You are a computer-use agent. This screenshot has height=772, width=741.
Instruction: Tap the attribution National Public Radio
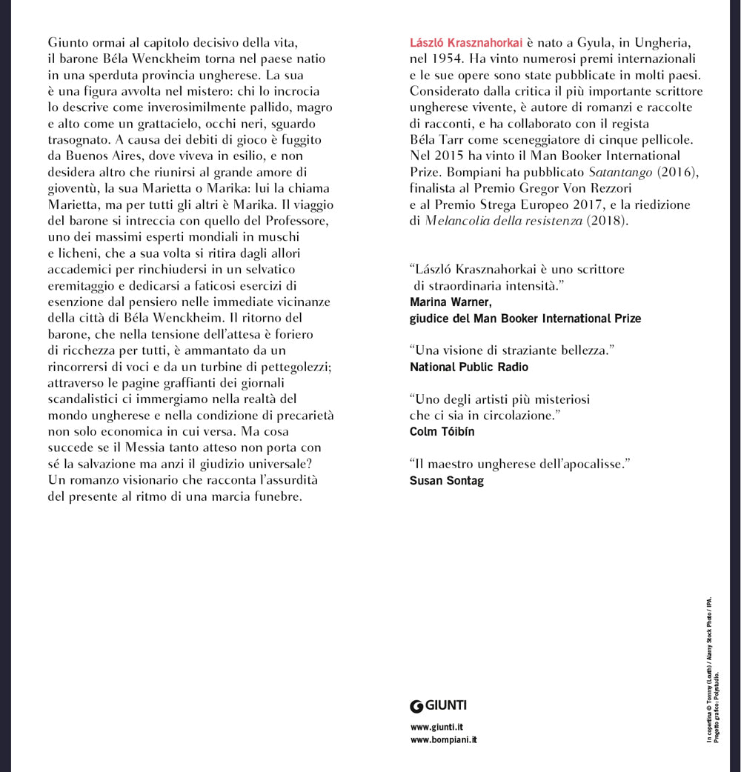coord(469,367)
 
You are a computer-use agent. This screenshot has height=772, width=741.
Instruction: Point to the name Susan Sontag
coord(446,480)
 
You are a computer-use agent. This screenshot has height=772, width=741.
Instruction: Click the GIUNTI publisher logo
coord(439,705)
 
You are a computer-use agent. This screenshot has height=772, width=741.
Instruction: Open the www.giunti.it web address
coord(436,728)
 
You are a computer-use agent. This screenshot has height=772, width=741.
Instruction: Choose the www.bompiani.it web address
coord(443,740)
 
